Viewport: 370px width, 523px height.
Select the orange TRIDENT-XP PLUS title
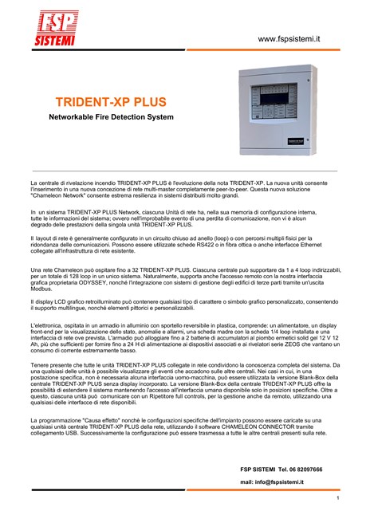coord(111,103)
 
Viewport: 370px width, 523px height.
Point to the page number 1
coord(338,498)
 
